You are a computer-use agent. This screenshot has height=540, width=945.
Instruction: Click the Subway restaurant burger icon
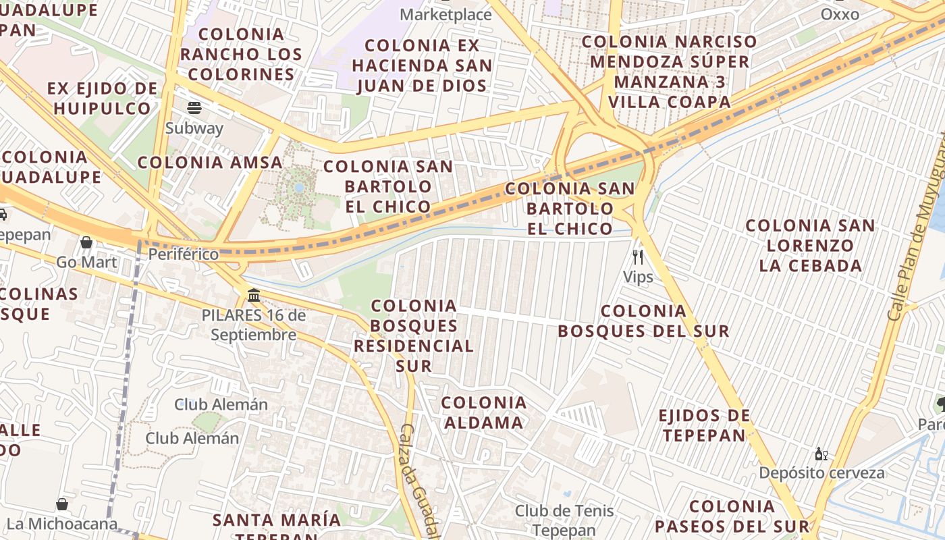pyautogui.click(x=194, y=108)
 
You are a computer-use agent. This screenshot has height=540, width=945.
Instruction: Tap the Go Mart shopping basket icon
pyautogui.click(x=86, y=242)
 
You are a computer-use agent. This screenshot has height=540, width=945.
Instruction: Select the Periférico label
pyautogui.click(x=184, y=254)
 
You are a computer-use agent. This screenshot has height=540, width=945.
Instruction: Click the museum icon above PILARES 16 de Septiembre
pyautogui.click(x=254, y=295)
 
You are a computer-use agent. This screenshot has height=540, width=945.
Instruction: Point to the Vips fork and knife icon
pyautogui.click(x=637, y=257)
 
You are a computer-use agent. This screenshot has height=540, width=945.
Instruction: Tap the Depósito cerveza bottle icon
pyautogui.click(x=821, y=454)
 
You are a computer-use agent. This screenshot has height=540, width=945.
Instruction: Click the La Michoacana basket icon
pyautogui.click(x=62, y=504)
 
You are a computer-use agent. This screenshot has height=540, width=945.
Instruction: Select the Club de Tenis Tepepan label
pyautogui.click(x=564, y=520)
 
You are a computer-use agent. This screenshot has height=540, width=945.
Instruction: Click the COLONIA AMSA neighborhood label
pyautogui.click(x=210, y=163)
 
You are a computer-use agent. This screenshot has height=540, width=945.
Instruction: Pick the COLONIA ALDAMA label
pyautogui.click(x=483, y=413)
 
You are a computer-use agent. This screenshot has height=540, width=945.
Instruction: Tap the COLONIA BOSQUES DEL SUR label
pyautogui.click(x=643, y=321)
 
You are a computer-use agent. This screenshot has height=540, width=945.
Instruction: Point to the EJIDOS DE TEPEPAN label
pyautogui.click(x=704, y=425)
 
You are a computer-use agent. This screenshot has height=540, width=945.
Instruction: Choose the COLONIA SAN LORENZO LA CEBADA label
pyautogui.click(x=810, y=246)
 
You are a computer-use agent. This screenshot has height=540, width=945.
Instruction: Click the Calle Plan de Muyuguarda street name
pyautogui.click(x=917, y=230)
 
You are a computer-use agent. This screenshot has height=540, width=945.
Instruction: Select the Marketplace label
pyautogui.click(x=446, y=14)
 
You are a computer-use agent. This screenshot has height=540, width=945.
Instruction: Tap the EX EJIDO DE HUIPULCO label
pyautogui.click(x=103, y=99)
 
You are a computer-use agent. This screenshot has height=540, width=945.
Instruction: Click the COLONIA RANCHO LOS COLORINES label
pyautogui.click(x=241, y=54)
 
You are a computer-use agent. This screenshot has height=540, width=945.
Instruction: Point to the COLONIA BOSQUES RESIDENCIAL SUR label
pyautogui.click(x=414, y=335)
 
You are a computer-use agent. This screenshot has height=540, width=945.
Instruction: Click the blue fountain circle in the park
pyautogui.click(x=299, y=187)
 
